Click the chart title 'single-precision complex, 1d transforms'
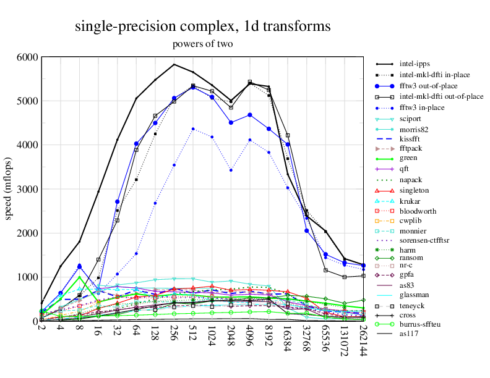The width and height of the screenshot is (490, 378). coord(202,27)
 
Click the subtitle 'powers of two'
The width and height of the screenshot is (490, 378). coord(202,44)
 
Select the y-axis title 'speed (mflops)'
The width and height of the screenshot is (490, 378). coord(9,189)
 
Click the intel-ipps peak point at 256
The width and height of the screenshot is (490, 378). coord(174,64)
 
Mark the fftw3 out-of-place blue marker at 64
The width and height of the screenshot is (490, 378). coord(136,143)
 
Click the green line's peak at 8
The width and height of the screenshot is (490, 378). coord(79,277)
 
